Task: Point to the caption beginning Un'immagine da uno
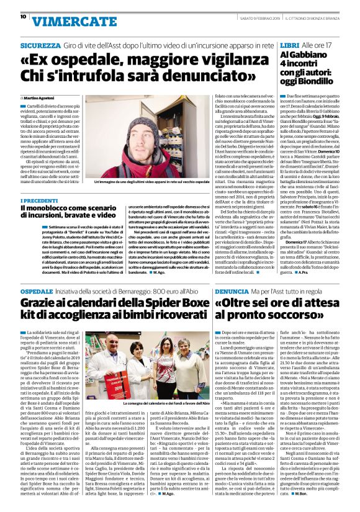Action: (x=151, y=182)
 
